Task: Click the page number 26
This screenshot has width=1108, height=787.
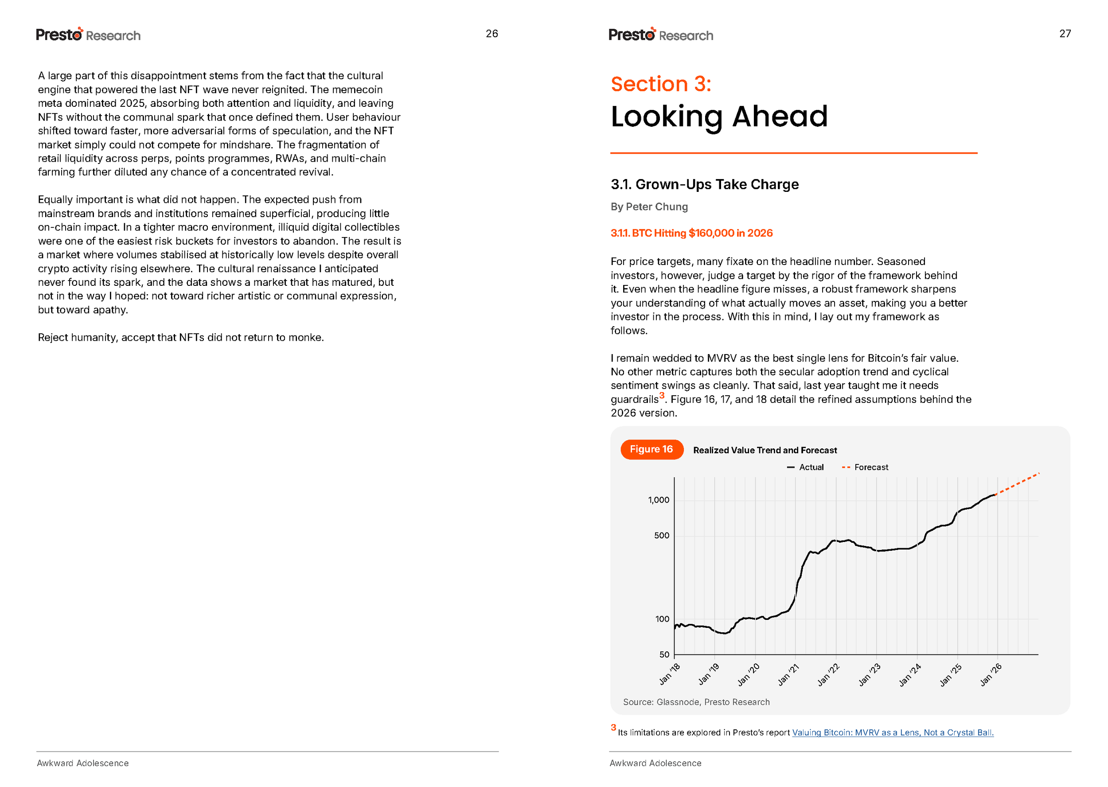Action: (492, 33)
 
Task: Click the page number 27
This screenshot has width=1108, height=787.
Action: (1065, 33)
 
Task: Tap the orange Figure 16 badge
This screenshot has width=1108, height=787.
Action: (652, 449)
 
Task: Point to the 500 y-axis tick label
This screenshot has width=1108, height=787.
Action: (662, 535)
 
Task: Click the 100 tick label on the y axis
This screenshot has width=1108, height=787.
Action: (662, 619)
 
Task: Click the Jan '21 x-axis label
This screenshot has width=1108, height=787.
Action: (788, 674)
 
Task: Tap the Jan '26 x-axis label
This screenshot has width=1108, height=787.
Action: (990, 674)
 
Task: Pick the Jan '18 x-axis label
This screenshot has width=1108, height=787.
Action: (669, 674)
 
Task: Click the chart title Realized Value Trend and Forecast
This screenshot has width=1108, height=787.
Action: (765, 450)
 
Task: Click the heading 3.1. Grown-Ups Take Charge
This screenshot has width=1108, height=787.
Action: (704, 184)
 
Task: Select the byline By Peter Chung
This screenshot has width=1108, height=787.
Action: (649, 207)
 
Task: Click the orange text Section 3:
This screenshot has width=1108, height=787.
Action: (661, 84)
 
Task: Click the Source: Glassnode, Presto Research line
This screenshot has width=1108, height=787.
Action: (696, 702)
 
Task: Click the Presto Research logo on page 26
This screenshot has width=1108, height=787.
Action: (88, 35)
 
